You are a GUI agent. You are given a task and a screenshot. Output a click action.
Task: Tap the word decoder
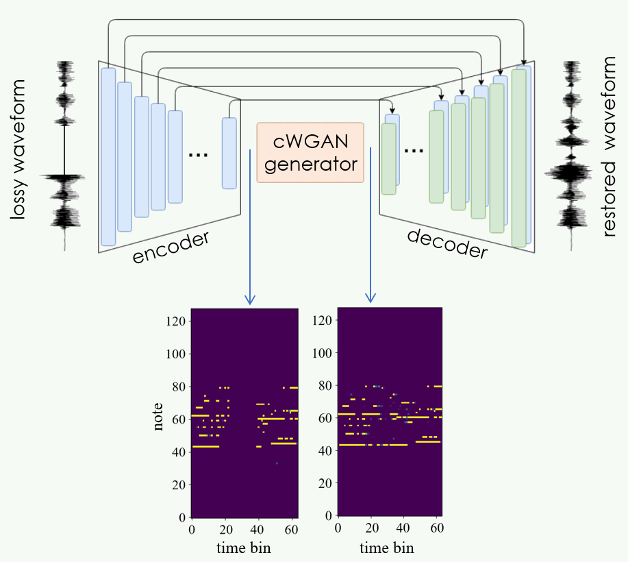tap(447, 244)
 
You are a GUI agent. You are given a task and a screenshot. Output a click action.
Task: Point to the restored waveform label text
tap(609, 156)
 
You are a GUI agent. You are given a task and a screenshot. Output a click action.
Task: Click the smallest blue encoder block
tap(229, 153)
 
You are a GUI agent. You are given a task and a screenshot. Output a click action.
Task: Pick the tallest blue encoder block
tap(108, 156)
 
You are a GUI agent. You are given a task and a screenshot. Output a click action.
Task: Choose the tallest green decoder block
tap(518, 158)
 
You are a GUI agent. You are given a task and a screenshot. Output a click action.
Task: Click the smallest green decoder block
tap(389, 158)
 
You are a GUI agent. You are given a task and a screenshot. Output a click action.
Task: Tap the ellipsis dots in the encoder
tap(198, 156)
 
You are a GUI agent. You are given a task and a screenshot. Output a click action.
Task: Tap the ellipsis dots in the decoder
tap(414, 150)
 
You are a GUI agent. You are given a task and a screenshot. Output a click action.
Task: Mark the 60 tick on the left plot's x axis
tap(290, 529)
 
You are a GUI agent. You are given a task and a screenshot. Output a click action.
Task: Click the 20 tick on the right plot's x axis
tap(371, 528)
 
